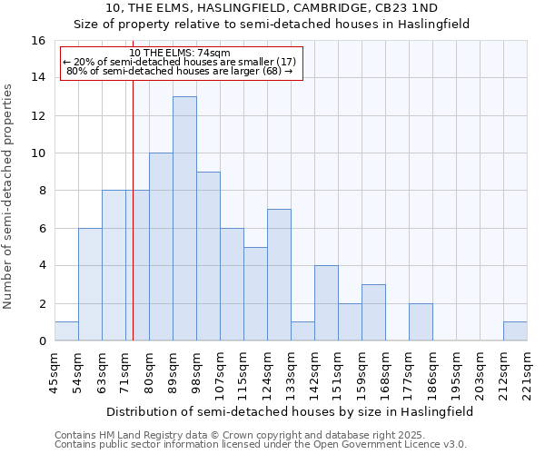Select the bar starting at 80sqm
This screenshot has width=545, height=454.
(x=161, y=247)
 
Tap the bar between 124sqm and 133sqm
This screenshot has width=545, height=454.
(x=279, y=275)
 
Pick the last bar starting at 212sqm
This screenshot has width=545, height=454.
(x=515, y=331)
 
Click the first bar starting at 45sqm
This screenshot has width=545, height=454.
(x=66, y=331)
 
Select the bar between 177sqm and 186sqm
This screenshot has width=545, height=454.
(x=421, y=322)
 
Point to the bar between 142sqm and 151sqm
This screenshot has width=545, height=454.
(x=326, y=303)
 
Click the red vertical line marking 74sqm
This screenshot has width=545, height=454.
(x=133, y=227)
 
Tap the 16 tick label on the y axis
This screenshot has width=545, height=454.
(x=38, y=41)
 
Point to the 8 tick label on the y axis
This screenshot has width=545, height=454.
(x=42, y=191)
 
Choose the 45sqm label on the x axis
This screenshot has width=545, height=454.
(x=54, y=369)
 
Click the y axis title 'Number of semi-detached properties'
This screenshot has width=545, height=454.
(x=9, y=196)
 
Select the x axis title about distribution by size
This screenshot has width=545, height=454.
(x=288, y=411)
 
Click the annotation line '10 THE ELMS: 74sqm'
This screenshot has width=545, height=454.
(x=180, y=53)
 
